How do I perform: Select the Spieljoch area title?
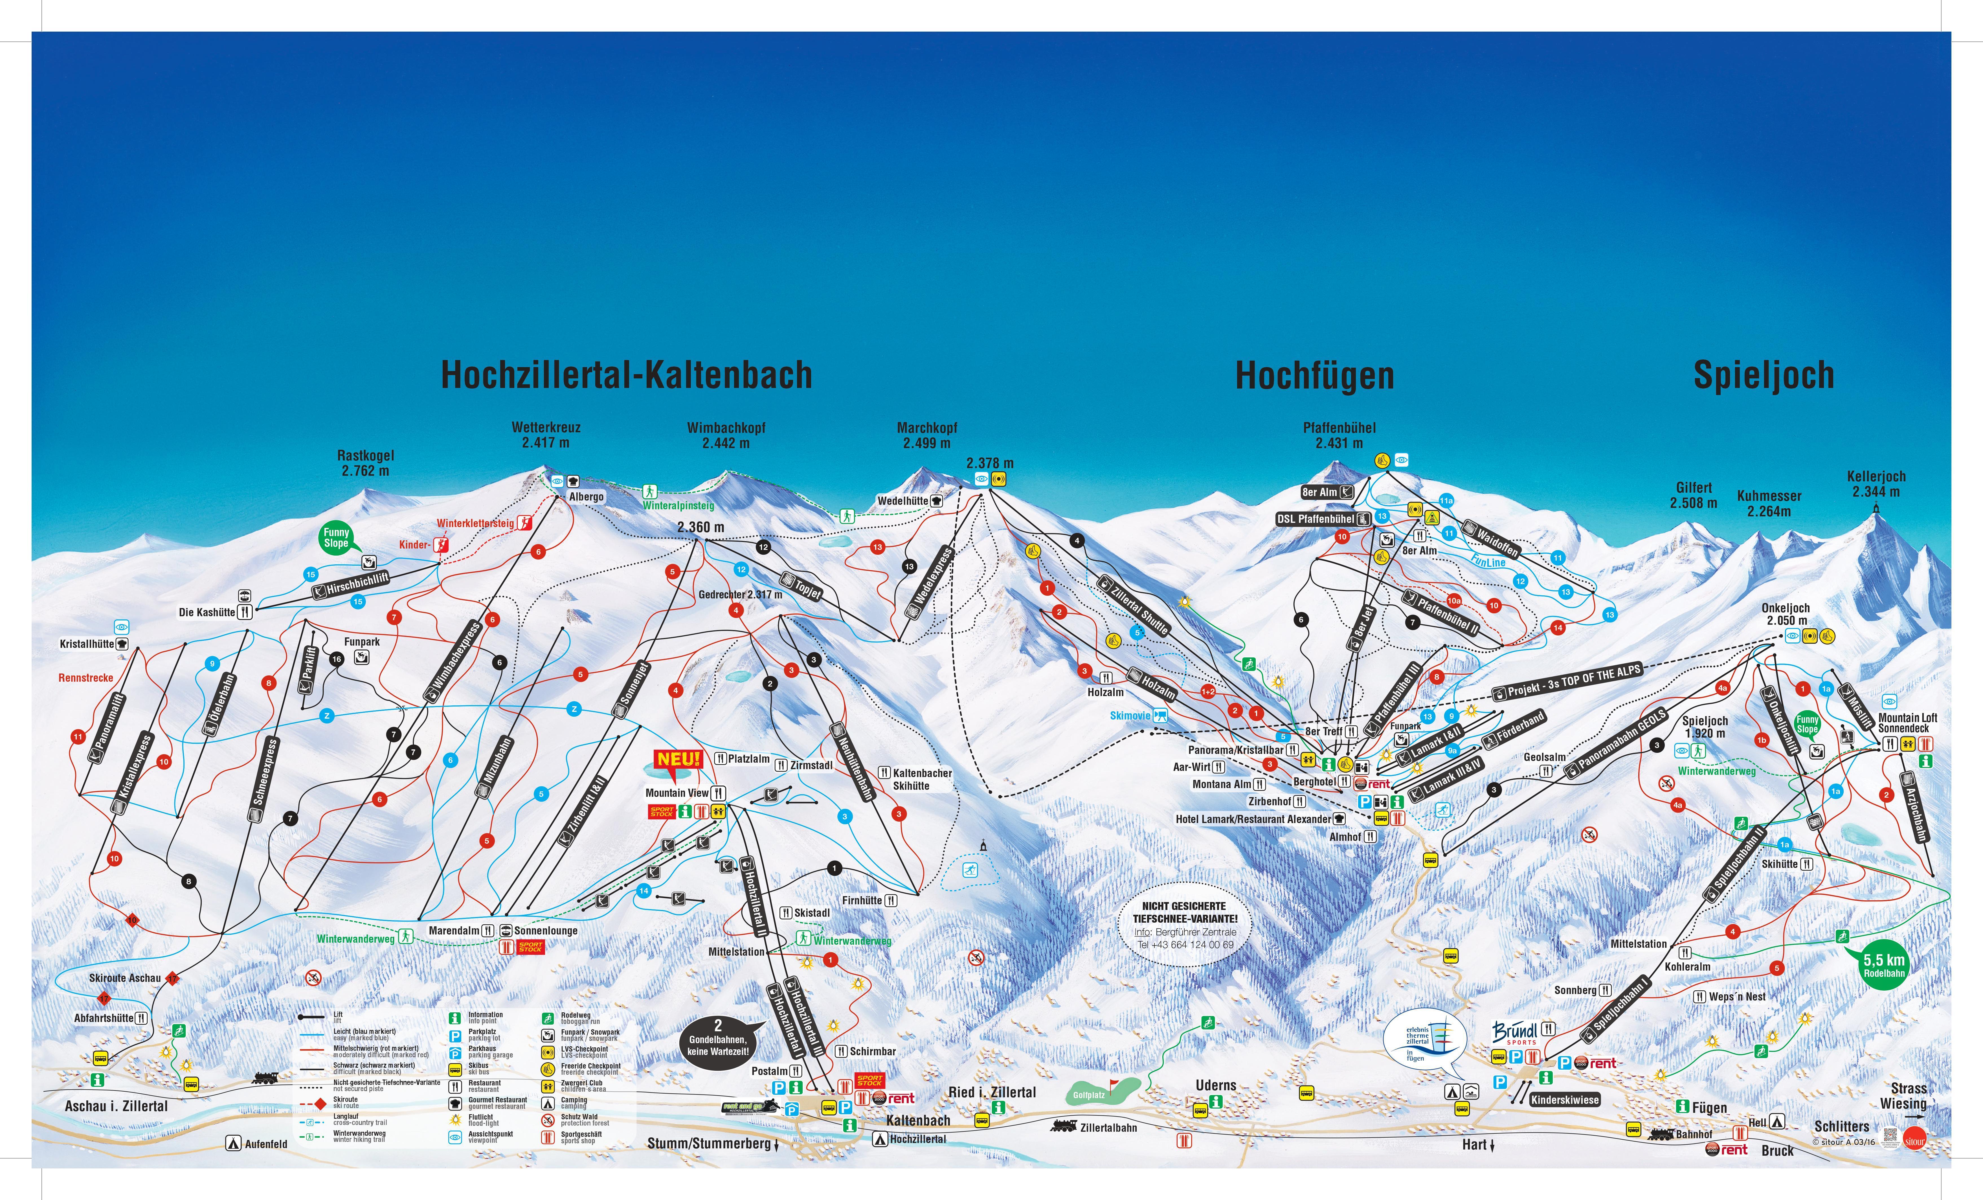coord(1763,375)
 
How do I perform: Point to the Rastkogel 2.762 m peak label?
coord(365,463)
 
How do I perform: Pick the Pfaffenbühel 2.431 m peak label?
coord(1339,435)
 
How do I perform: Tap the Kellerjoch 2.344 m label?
coord(1876,484)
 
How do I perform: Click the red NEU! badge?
coord(678,759)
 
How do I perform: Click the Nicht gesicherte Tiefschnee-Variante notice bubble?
coord(1184,925)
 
